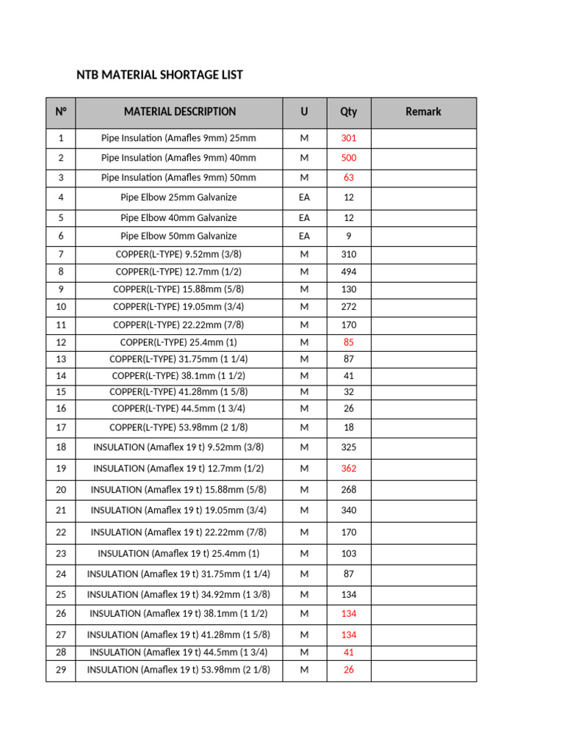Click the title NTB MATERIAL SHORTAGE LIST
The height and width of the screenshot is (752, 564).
[159, 75]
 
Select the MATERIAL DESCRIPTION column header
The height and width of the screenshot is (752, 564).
[180, 112]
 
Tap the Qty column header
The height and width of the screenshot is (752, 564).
[348, 112]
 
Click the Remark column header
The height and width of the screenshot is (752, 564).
[423, 112]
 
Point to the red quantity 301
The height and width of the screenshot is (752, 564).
[348, 138]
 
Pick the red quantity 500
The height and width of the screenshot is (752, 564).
[348, 158]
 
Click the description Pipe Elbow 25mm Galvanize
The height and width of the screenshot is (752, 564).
[178, 198]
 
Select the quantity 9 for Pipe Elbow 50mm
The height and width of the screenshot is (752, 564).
[348, 236]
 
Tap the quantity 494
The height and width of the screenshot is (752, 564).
[348, 272]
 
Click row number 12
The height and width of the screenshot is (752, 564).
[61, 342]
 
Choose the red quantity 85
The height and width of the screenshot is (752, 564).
[348, 342]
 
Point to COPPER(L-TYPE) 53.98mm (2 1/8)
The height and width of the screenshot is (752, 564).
[178, 427]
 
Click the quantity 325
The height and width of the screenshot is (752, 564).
[348, 446]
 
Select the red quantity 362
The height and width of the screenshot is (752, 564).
[348, 469]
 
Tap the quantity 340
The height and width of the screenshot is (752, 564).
[348, 510]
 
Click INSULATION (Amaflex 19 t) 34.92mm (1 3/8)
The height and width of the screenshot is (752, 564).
[178, 595]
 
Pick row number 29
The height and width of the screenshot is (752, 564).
[61, 670]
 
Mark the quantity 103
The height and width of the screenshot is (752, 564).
[348, 554]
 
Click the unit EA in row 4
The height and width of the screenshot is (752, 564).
[304, 198]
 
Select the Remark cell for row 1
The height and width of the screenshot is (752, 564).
[423, 138]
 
